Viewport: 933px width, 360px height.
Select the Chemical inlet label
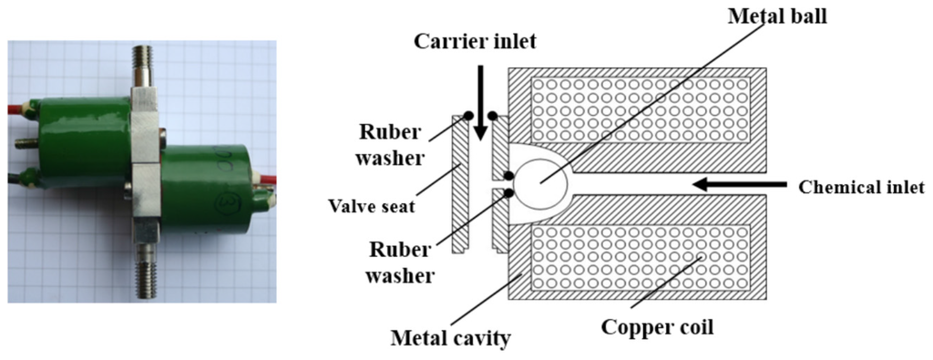pyautogui.click(x=861, y=188)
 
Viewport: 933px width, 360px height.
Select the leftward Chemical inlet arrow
pyautogui.click(x=738, y=185)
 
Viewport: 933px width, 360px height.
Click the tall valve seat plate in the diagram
pyautogui.click(x=460, y=182)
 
